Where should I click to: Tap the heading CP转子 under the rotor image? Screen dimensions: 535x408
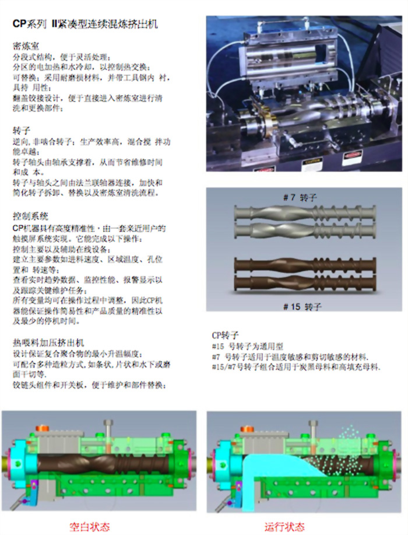coord(225,335)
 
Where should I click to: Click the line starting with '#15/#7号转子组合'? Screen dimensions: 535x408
coord(296,368)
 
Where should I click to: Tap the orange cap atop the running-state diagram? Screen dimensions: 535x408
coord(250,429)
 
